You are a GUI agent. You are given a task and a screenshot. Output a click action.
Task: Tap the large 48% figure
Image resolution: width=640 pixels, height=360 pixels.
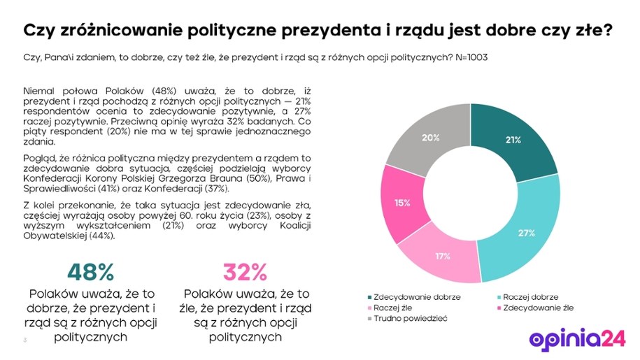click(x=90, y=272)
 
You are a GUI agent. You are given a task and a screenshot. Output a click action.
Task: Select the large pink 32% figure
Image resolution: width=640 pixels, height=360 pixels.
click(x=246, y=272)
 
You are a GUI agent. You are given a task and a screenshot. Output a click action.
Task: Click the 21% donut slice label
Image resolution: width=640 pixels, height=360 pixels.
click(x=513, y=140)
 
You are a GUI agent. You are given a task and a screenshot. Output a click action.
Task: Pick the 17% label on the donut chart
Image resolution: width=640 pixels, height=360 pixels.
click(x=442, y=256)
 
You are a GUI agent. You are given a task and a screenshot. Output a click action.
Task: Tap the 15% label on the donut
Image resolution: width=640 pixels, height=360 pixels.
click(x=402, y=203)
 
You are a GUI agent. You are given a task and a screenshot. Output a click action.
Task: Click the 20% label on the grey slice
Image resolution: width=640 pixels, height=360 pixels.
click(x=430, y=138)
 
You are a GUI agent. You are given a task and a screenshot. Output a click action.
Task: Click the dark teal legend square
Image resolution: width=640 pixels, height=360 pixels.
click(x=369, y=297)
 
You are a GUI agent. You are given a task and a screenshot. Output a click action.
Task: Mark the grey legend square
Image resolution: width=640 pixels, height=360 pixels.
click(x=369, y=318)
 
